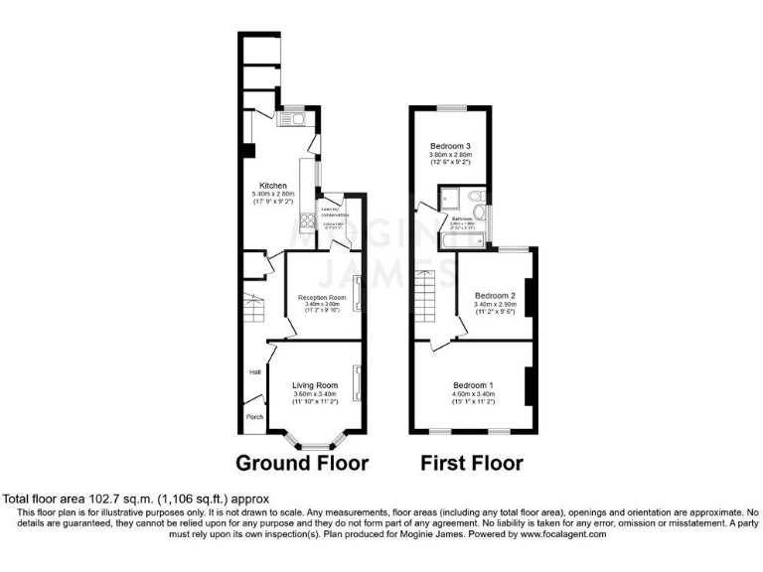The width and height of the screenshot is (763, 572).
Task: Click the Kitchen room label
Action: click(x=273, y=186)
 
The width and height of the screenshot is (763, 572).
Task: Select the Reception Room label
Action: click(x=322, y=297)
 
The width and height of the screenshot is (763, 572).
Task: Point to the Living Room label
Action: click(x=314, y=385)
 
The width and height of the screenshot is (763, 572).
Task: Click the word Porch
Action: click(x=255, y=417)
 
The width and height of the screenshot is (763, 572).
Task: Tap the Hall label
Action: click(x=255, y=372)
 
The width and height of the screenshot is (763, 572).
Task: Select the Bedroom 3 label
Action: click(x=450, y=147)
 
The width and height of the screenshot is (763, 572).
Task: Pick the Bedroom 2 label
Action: click(x=494, y=296)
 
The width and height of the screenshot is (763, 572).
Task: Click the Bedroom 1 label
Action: click(x=473, y=385)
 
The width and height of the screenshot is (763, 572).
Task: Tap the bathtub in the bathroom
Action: click(x=458, y=240)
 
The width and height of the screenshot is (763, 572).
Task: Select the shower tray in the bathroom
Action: click(x=453, y=197)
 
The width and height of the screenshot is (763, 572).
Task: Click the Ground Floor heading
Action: click(x=302, y=463)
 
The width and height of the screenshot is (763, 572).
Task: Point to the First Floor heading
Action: click(x=472, y=463)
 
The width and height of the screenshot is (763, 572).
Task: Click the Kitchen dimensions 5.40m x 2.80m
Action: click(x=273, y=195)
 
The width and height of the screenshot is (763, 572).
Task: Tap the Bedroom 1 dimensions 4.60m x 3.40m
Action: click(x=473, y=394)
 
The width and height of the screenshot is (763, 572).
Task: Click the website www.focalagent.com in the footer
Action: click(x=548, y=534)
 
